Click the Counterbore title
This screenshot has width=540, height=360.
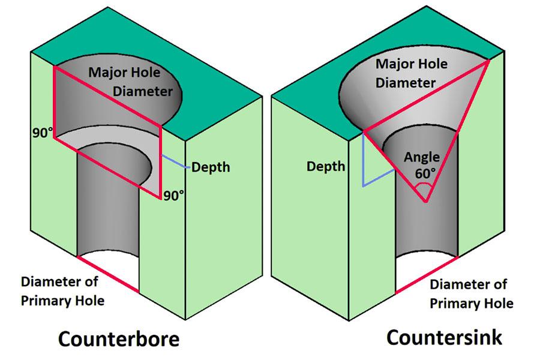click(x=118, y=339)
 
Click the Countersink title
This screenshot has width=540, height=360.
click(x=444, y=337)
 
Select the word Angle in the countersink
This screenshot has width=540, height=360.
click(x=422, y=158)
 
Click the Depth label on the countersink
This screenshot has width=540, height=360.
click(x=326, y=166)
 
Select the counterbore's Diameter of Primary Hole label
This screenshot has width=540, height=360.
click(x=62, y=290)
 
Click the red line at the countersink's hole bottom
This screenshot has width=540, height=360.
click(x=427, y=275)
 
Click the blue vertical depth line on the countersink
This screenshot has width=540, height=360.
click(x=363, y=159)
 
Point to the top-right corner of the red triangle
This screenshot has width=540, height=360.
click(x=490, y=60)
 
